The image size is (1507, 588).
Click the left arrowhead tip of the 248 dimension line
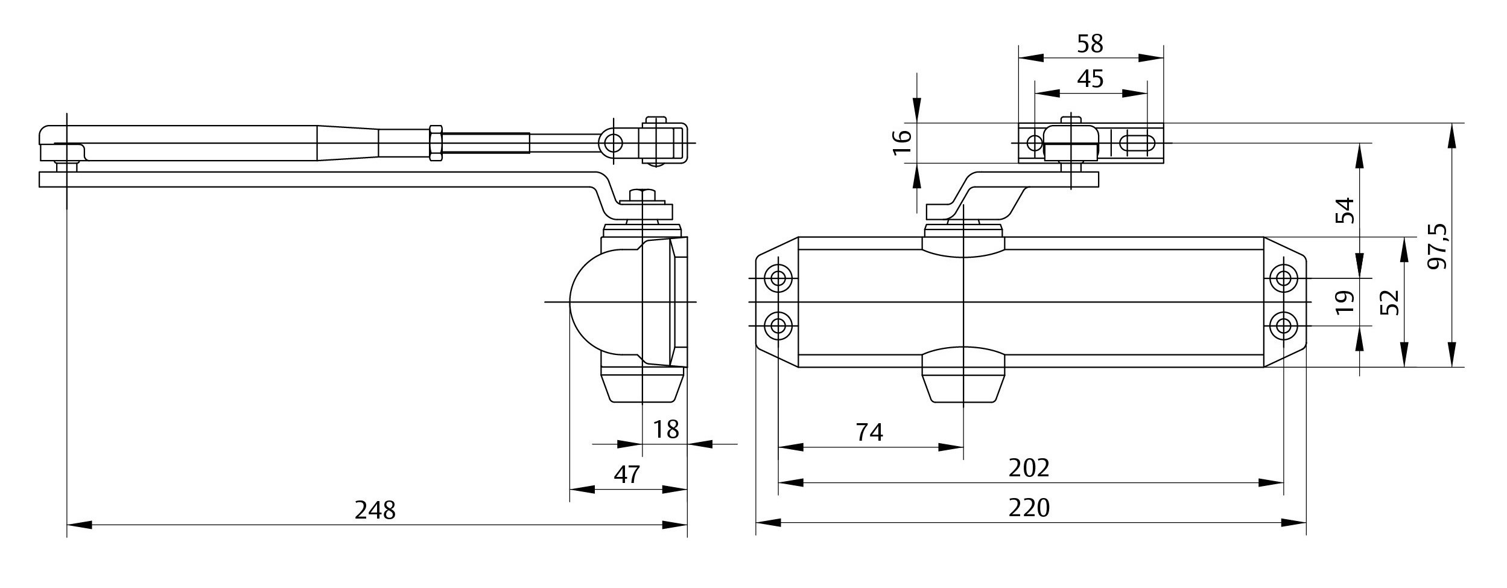point(67,525)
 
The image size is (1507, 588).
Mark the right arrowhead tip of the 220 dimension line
point(1306,523)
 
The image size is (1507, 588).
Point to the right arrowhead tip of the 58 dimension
point(1163,58)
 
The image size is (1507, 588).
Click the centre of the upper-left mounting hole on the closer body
point(778,278)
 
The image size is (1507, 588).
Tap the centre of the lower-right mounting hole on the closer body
point(1284,326)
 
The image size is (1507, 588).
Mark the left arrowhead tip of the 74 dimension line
point(778,447)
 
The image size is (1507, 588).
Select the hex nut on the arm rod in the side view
point(436,143)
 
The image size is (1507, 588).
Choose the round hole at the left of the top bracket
point(1035,143)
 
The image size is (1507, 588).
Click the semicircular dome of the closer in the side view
point(603,302)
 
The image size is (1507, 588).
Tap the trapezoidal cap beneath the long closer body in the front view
point(963,388)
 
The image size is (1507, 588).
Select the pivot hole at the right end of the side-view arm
point(614,143)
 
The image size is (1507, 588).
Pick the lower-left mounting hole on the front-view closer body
point(778,326)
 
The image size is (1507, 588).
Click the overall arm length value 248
point(375,511)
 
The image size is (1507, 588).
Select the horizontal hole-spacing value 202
point(1029,468)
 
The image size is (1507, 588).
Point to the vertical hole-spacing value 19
point(1345,302)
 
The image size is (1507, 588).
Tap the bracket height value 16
point(903,143)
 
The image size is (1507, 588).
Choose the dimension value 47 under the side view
point(627,475)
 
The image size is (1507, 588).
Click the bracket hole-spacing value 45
point(1090,79)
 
